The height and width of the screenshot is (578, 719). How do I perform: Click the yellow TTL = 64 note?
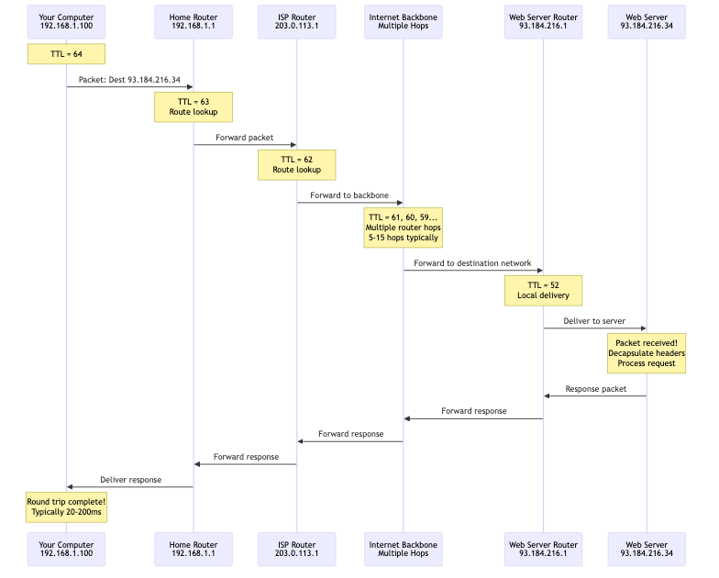66,54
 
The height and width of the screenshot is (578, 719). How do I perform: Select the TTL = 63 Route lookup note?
193,106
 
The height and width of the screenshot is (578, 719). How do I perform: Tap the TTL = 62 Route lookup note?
297,164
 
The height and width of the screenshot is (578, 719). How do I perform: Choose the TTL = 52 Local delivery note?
543,290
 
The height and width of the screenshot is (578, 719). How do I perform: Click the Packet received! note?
647,353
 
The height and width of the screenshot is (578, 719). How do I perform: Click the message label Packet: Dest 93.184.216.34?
129,80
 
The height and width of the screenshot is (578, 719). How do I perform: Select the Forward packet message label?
245,138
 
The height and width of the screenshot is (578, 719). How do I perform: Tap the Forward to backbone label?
349,195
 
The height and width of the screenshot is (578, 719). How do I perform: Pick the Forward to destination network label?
472,263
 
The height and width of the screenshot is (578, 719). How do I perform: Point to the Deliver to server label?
594,321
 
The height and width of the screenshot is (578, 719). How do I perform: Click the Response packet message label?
594,389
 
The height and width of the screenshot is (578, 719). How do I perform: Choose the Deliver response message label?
129,480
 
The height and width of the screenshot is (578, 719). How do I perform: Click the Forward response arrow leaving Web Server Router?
473,418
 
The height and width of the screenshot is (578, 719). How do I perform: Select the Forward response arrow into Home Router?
245,463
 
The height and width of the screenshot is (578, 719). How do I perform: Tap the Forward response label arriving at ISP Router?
350,433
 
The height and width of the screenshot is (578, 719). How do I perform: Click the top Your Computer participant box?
66,20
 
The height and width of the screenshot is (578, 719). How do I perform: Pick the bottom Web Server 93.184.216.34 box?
647,550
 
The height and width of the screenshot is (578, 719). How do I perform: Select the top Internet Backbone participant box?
403,20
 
